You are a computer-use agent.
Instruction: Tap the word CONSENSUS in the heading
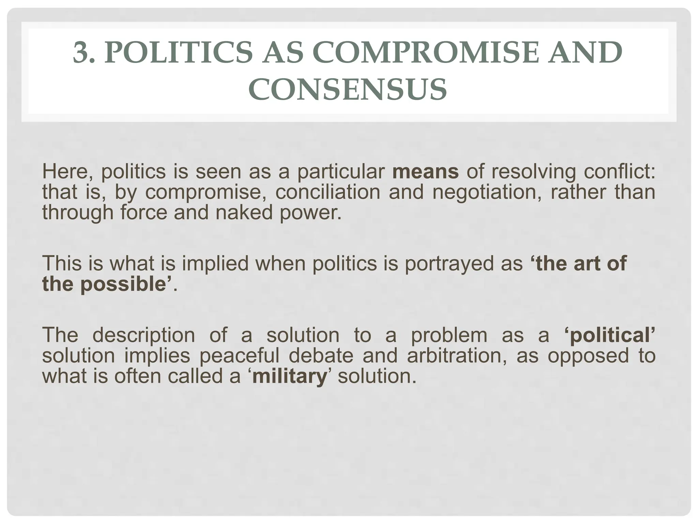348,89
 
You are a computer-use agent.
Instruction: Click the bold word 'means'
425,171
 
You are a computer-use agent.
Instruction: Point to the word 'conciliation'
328,192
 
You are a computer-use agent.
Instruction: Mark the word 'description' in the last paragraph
143,335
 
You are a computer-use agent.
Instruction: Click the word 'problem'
449,335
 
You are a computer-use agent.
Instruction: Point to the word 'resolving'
533,171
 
